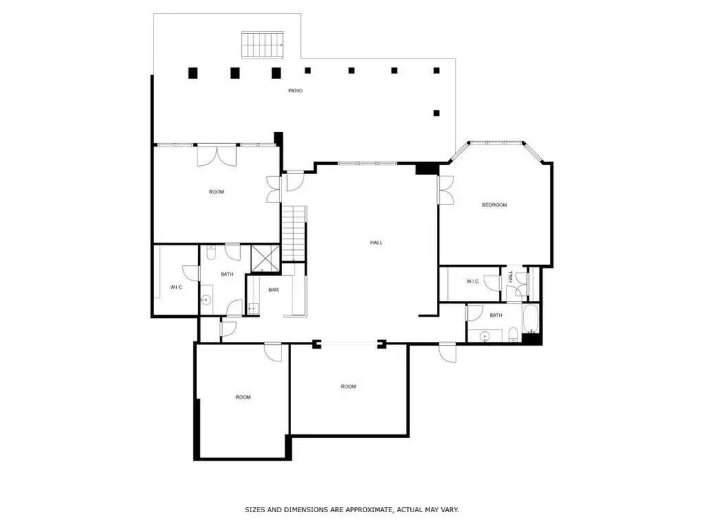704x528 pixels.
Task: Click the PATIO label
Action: (x=295, y=91)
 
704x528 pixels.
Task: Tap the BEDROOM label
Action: (x=494, y=205)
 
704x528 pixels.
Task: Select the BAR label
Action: (x=273, y=290)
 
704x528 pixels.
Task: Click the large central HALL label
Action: (x=376, y=243)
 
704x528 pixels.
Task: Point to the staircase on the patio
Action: (x=263, y=45)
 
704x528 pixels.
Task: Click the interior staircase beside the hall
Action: (x=294, y=233)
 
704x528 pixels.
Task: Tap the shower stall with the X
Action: (x=265, y=258)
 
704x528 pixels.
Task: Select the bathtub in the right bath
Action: (x=531, y=319)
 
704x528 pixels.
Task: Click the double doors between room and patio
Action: (x=216, y=156)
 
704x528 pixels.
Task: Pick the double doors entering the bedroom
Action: (x=446, y=191)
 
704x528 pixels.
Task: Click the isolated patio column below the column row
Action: (x=436, y=113)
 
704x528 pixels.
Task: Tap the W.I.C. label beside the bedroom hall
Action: (x=472, y=282)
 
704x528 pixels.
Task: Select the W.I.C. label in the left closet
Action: (x=176, y=287)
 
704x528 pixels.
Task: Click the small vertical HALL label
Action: (x=511, y=277)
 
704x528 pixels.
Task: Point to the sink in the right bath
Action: (x=484, y=335)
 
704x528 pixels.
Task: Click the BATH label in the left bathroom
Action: (x=226, y=275)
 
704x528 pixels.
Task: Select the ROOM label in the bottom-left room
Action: (x=243, y=397)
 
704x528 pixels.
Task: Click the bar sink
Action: (x=253, y=308)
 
